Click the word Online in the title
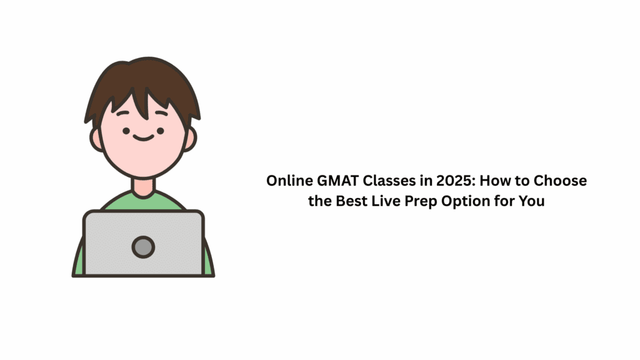[x=286, y=181]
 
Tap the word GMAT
[x=331, y=181]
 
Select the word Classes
[x=382, y=181]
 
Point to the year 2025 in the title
[x=437, y=181]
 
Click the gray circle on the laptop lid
[x=143, y=247]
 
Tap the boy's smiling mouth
[x=143, y=136]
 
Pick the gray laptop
[x=143, y=262]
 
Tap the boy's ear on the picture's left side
[x=97, y=139]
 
